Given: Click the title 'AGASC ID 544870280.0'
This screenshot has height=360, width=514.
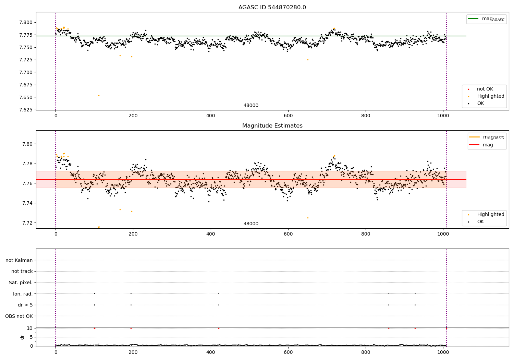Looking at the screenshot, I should coord(272,8).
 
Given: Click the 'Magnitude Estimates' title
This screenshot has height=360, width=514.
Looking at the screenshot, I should coord(272,126).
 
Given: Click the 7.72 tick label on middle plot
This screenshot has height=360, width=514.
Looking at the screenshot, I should coord(27,223).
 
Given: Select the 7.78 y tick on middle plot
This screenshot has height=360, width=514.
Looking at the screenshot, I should coord(27,164).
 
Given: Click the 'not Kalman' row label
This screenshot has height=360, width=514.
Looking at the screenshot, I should coord(19,260).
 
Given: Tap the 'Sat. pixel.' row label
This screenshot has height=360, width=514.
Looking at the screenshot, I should coord(21,283).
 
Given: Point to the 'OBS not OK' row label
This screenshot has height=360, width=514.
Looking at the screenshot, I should coord(19,316).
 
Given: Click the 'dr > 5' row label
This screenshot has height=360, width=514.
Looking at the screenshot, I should coord(25,305).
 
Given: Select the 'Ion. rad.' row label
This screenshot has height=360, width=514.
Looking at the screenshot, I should coord(23,294).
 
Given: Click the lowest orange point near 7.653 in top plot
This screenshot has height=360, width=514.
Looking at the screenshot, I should coord(99,95).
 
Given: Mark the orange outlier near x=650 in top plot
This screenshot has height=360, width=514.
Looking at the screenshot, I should coord(308,60).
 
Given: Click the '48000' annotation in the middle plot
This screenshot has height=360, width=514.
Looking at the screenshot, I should coord(251,224).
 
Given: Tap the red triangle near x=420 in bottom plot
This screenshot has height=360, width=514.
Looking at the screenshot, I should coord(219,328).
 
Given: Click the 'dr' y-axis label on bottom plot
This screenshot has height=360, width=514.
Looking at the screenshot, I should coord(22,337).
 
